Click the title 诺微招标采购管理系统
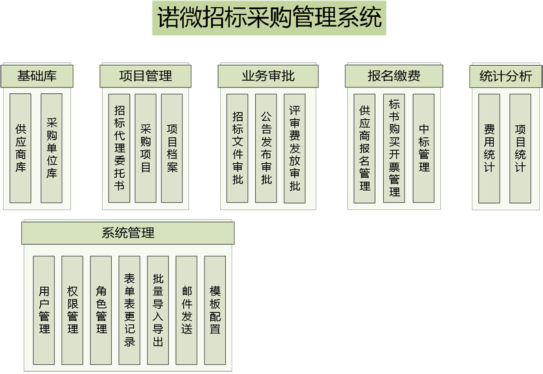(269, 18)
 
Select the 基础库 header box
(37, 76)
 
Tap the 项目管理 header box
(145, 76)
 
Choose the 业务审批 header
(268, 76)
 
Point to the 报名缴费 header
(394, 76)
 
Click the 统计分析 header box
(506, 76)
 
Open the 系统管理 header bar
(128, 233)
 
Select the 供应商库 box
(20, 148)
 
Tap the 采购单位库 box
(52, 148)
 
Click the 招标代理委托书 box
(119, 148)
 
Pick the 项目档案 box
(172, 148)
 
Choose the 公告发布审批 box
(266, 148)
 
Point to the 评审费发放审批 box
(295, 148)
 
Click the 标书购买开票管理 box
(394, 148)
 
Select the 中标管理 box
(424, 148)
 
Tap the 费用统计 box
(489, 148)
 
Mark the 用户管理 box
(44, 310)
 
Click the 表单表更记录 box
(129, 310)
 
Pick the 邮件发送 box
(186, 310)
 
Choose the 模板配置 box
(215, 310)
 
